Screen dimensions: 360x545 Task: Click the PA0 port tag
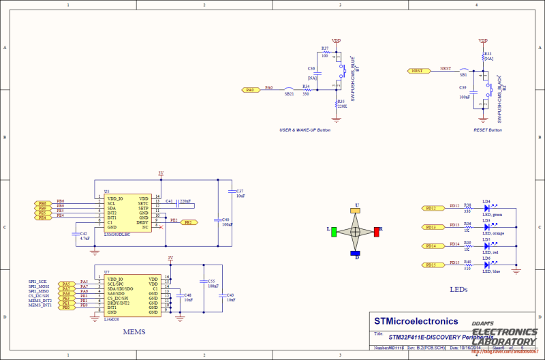pos(250,89)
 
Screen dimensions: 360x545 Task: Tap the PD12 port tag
pos(431,208)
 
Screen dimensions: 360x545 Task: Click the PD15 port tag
pos(431,265)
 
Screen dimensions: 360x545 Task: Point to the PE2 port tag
pos(190,222)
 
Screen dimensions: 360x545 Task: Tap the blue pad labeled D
pos(355,253)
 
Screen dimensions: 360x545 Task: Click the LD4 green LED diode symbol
pos(487,208)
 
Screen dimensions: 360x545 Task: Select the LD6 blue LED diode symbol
pos(487,265)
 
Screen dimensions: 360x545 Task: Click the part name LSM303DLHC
pos(121,233)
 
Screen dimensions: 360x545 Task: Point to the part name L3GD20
pos(112,318)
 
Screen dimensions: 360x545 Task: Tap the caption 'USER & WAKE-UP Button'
pos(305,130)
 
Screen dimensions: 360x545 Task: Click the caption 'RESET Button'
pos(487,130)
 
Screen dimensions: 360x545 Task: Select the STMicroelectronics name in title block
pos(416,321)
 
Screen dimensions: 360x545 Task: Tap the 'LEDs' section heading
pos(458,289)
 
